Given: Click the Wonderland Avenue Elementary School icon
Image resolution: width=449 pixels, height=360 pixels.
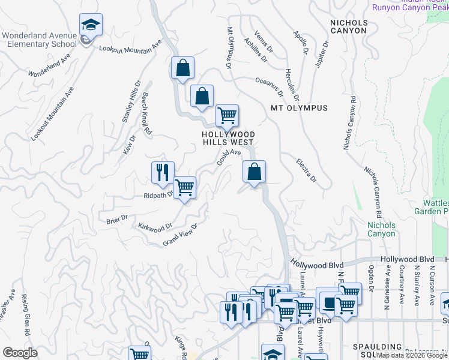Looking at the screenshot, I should [x=91, y=25].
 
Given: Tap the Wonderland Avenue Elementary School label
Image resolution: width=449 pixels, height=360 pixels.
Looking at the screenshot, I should [x=40, y=40].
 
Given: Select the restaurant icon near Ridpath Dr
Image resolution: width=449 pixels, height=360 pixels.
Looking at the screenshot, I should [x=163, y=173].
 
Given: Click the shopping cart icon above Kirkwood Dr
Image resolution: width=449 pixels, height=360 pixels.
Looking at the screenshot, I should [x=184, y=188].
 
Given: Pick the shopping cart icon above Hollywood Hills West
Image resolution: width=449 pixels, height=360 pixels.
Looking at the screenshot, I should [x=227, y=115].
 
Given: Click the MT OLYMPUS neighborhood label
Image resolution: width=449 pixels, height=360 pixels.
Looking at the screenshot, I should [x=300, y=108].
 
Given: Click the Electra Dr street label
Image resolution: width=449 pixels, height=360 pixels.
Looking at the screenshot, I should [x=306, y=170].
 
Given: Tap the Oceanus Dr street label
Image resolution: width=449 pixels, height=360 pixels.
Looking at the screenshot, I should [x=269, y=86].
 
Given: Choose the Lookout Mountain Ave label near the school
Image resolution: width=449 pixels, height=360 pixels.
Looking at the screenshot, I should [x=130, y=47].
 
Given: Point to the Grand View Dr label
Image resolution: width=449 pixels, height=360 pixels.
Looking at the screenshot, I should [x=180, y=234].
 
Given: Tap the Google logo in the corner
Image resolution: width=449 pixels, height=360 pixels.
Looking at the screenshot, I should [x=19, y=353].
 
